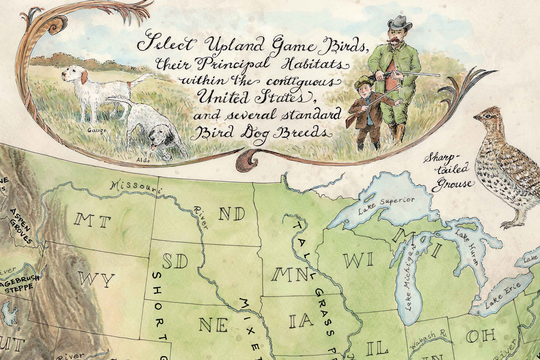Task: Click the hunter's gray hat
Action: [399, 24]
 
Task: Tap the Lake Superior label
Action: [386, 206]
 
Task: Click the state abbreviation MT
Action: [92, 221]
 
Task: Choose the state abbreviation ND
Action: [231, 214]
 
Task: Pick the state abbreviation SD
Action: [175, 262]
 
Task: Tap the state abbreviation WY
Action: [96, 280]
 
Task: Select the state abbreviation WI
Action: [358, 260]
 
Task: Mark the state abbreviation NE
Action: [213, 325]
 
